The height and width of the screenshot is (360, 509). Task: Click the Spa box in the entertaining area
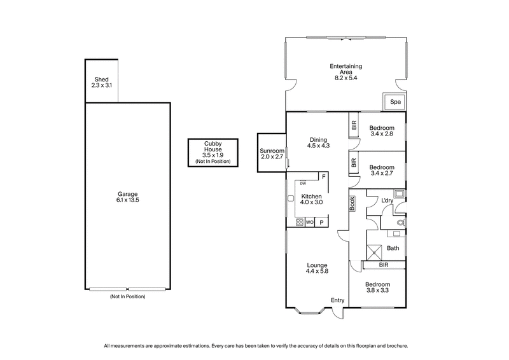pyautogui.click(x=395, y=102)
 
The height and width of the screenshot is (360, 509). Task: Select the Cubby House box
pyautogui.click(x=213, y=153)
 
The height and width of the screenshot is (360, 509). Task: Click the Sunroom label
pyautogui.click(x=271, y=151)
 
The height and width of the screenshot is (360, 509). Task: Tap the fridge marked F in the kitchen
pyautogui.click(x=323, y=176)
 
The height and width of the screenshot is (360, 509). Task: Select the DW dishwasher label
pyautogui.click(x=303, y=184)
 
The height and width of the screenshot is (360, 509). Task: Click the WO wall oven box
pyautogui.click(x=310, y=223)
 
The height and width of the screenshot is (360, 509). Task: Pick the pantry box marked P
pyautogui.click(x=322, y=223)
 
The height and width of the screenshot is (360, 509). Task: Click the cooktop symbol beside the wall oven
pyautogui.click(x=300, y=223)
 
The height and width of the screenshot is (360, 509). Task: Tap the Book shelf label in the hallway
pyautogui.click(x=351, y=202)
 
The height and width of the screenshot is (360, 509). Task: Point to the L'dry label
pyautogui.click(x=387, y=201)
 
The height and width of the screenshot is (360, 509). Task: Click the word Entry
pyautogui.click(x=337, y=300)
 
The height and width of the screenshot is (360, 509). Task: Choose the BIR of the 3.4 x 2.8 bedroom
pyautogui.click(x=354, y=125)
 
